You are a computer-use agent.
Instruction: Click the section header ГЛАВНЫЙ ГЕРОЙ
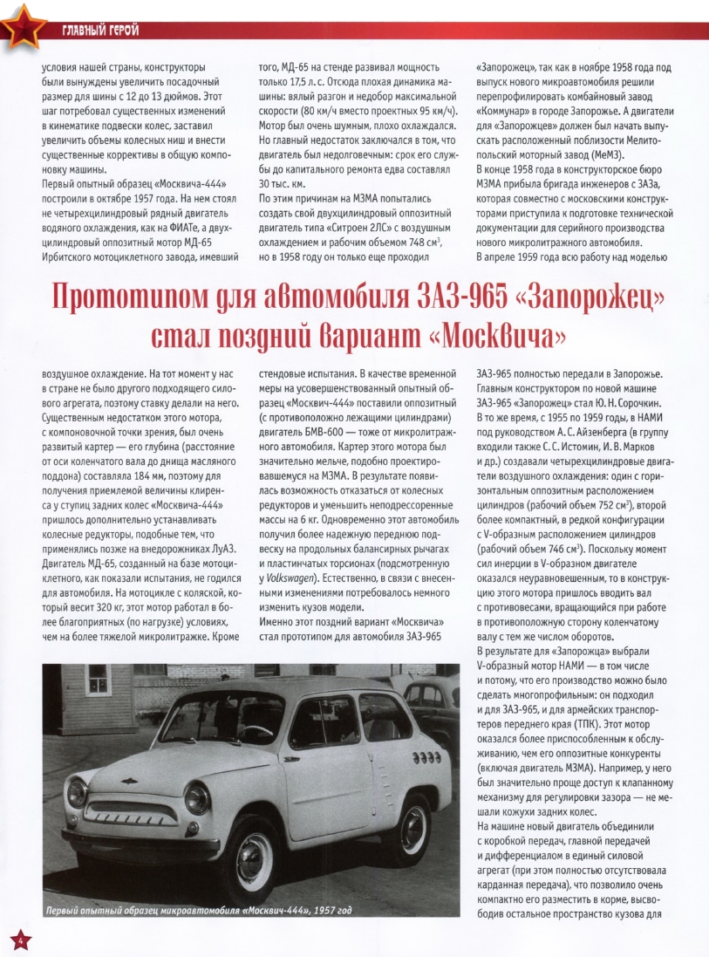101,32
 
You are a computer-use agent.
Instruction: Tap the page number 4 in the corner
19,939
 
